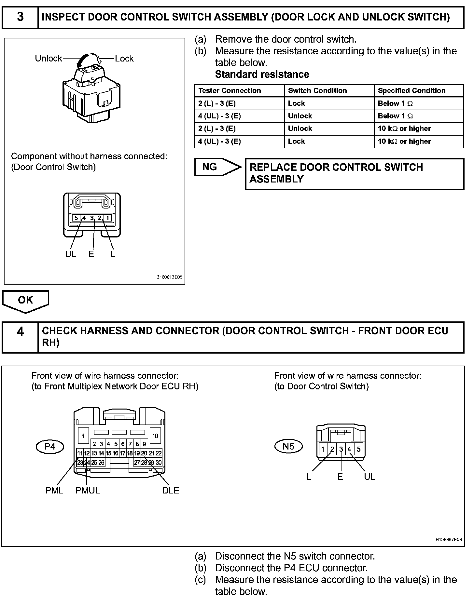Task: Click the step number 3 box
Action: [x=20, y=17]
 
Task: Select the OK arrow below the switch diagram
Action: [x=25, y=300]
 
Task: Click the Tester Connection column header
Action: [x=230, y=91]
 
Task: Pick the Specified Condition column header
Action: [x=411, y=91]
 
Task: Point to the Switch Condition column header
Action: [x=317, y=91]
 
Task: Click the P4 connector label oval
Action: [x=50, y=446]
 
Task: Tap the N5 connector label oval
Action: [x=288, y=446]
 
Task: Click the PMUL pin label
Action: [x=88, y=491]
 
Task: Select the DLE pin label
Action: [x=171, y=491]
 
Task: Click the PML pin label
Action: [x=54, y=491]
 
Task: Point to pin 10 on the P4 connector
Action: [x=155, y=436]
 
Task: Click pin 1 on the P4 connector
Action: [x=84, y=436]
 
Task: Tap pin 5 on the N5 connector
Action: [x=358, y=450]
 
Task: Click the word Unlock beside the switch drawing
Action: [x=49, y=59]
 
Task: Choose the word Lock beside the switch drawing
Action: [x=124, y=59]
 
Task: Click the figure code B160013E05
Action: [x=169, y=277]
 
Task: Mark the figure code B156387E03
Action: [x=449, y=540]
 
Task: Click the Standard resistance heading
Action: [x=262, y=74]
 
